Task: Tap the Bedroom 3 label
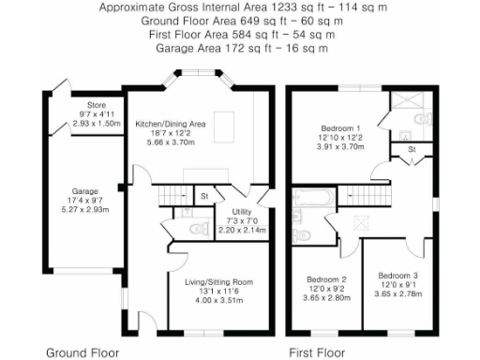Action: [x=398, y=276]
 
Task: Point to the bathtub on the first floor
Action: [x=307, y=198]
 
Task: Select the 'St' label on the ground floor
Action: [x=204, y=196]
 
